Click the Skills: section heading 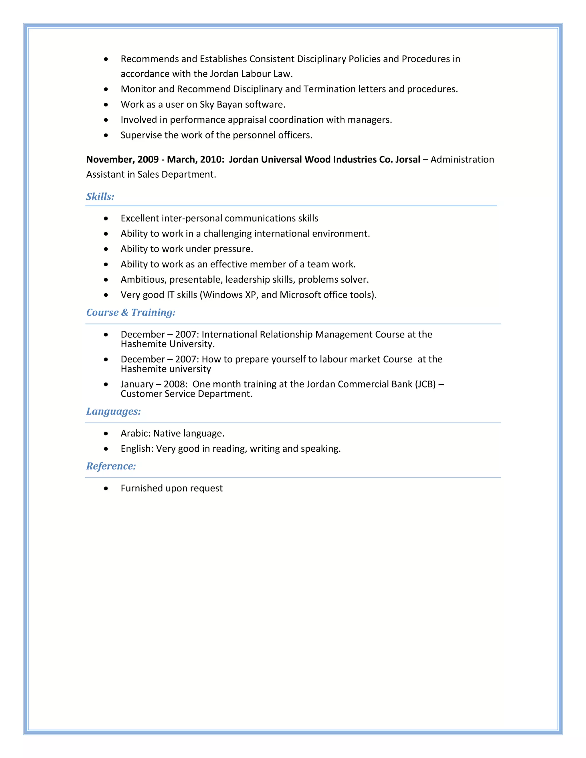coord(100,197)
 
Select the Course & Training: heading coord(130,312)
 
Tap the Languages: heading coord(113,411)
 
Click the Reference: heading coord(111,466)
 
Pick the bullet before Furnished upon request coord(106,489)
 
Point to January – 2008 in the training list coord(154,384)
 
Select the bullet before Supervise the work coord(106,135)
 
